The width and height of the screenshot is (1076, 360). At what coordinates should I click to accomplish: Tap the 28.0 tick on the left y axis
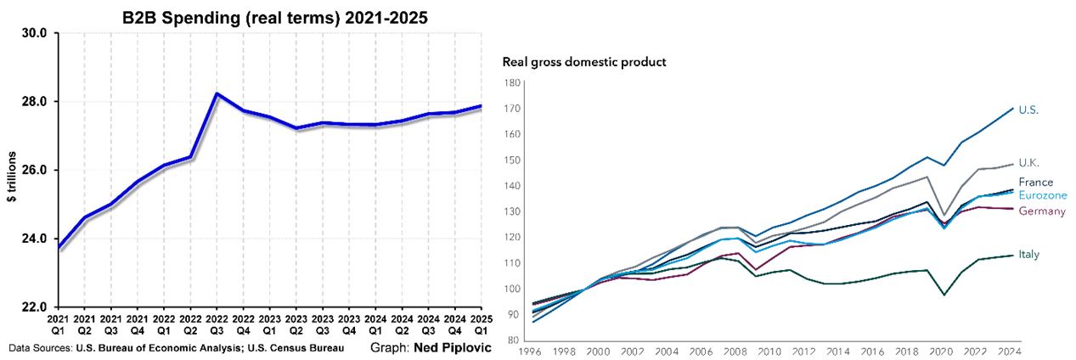(39, 102)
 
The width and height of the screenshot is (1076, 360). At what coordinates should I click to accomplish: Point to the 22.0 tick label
(39, 307)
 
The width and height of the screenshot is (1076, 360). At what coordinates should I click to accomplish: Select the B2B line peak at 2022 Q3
(217, 93)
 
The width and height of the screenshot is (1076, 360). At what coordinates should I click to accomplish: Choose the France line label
(1035, 183)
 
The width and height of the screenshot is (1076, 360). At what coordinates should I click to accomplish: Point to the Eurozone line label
(1042, 195)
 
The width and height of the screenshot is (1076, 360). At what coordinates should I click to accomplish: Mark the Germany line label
(1040, 211)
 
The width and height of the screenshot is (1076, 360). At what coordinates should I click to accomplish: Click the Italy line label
(1029, 255)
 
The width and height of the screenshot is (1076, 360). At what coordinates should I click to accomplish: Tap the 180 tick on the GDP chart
(512, 82)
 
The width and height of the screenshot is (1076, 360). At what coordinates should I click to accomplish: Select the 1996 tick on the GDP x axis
(530, 351)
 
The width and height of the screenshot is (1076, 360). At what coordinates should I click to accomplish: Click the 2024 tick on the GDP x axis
(1007, 351)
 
